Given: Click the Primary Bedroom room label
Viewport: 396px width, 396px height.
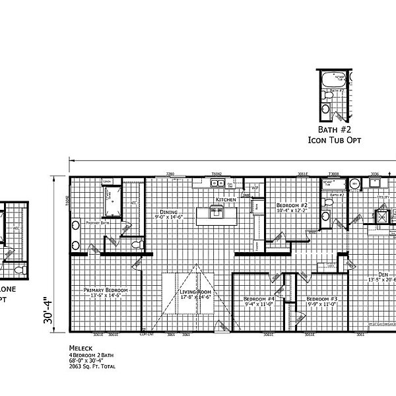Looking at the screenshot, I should pos(105,290).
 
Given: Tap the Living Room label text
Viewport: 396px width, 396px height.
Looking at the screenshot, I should pos(195,292).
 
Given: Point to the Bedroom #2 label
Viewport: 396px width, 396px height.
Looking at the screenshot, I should pos(292,205).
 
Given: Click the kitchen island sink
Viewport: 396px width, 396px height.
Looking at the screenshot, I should pos(216,211).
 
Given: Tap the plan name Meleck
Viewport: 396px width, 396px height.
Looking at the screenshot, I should pos(79,346).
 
